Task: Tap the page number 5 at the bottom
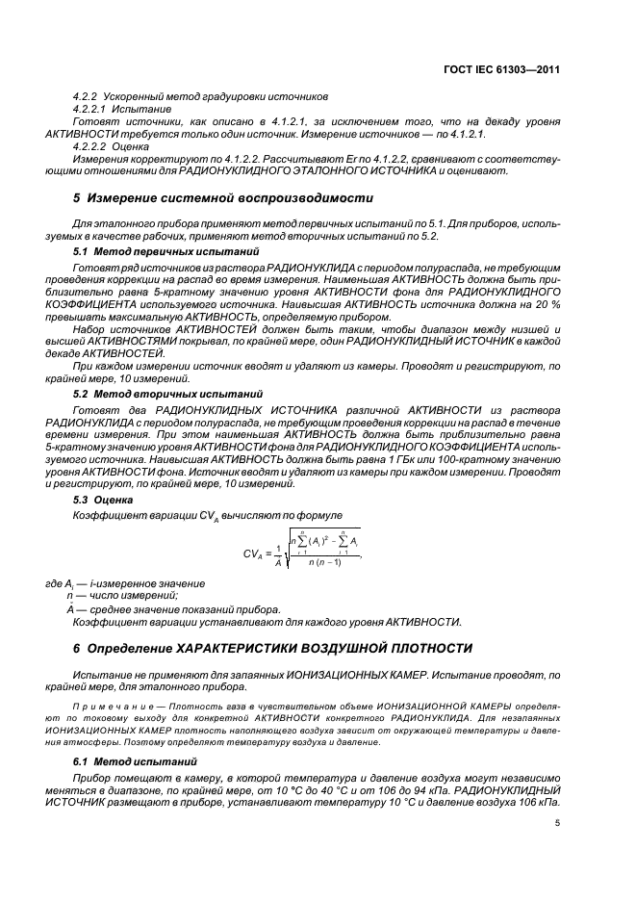click(x=558, y=823)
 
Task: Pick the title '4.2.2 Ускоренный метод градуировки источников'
click(x=201, y=97)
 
